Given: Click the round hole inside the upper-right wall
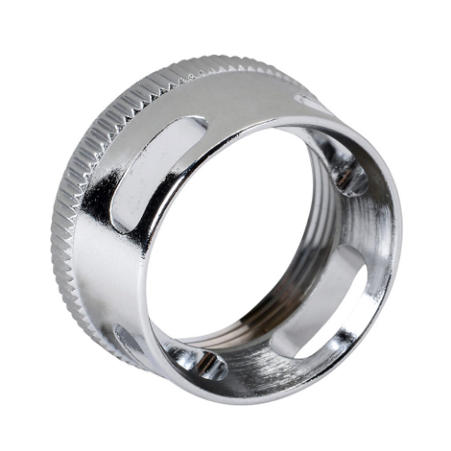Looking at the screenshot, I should click(x=349, y=174).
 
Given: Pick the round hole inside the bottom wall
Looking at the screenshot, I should click(x=203, y=364).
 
